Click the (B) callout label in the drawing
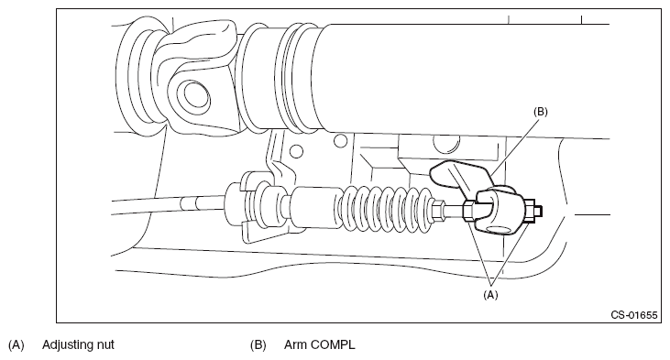point(541,112)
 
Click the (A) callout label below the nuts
point(490,295)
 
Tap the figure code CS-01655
point(634,315)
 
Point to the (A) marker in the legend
point(16,344)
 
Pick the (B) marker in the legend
point(258,344)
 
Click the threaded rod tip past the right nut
point(539,211)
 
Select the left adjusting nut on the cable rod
point(467,212)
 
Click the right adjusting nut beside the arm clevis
point(530,211)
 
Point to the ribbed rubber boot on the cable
point(390,210)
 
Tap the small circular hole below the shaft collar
point(341,140)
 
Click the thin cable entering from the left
point(168,204)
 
